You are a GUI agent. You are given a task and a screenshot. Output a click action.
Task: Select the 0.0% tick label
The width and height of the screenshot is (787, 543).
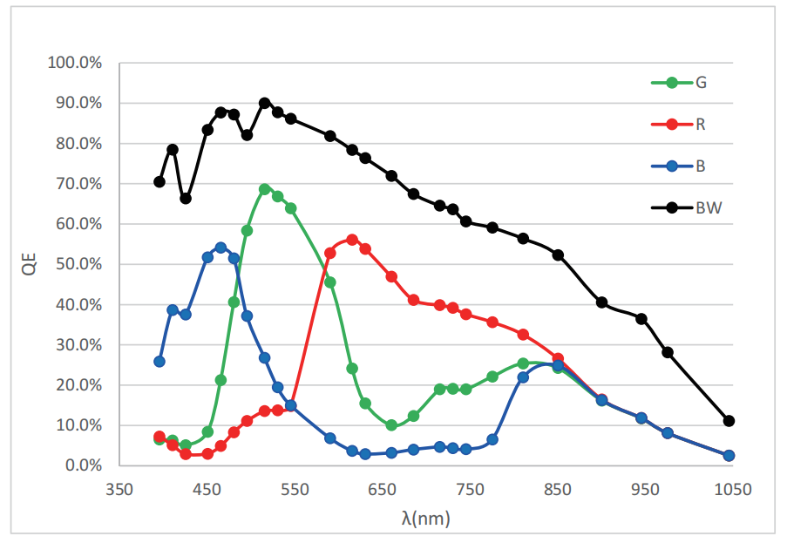click(83, 465)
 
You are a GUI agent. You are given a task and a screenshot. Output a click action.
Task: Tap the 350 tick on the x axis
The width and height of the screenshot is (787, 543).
click(119, 490)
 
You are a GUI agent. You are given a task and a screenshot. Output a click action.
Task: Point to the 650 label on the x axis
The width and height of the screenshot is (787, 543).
click(382, 490)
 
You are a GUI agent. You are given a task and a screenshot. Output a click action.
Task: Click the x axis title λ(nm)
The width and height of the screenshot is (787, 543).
click(425, 519)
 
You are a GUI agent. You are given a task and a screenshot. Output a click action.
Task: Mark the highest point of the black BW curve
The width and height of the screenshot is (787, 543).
click(265, 103)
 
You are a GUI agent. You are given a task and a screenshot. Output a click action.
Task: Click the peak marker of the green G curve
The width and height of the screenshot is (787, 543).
click(265, 189)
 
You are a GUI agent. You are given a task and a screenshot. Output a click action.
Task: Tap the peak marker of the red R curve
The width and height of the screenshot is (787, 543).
click(352, 240)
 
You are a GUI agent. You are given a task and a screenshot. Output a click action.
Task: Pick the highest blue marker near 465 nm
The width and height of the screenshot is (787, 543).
click(220, 248)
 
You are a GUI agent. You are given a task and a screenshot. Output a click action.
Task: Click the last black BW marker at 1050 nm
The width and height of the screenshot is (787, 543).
click(729, 421)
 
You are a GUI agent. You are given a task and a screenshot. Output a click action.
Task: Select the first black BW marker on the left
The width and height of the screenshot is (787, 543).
click(159, 182)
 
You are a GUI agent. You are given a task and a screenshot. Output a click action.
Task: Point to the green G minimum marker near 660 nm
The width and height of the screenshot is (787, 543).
click(391, 425)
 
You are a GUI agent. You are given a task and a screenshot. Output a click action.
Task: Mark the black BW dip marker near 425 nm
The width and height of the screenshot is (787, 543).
click(186, 199)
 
